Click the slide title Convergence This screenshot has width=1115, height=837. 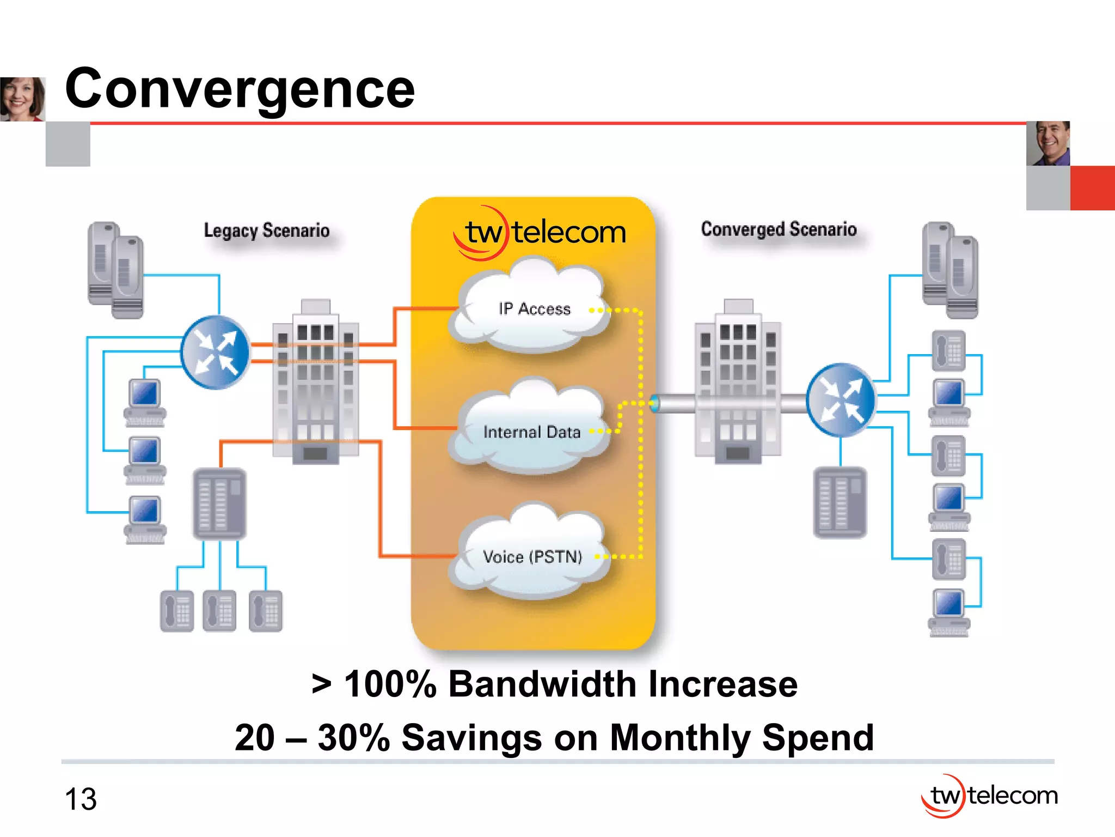[x=240, y=88]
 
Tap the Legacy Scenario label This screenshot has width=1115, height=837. [x=266, y=231]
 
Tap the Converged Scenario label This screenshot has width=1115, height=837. [x=779, y=229]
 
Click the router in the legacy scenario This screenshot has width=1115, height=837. [x=216, y=353]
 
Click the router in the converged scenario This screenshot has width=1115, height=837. [x=841, y=400]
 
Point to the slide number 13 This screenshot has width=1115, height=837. [x=81, y=799]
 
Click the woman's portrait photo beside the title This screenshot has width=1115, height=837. [x=22, y=99]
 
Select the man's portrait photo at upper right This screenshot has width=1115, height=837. [x=1047, y=143]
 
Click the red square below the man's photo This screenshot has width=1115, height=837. [x=1092, y=188]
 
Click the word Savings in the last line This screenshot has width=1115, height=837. [x=471, y=738]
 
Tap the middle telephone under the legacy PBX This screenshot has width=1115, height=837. [x=219, y=611]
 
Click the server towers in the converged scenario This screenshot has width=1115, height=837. [x=950, y=270]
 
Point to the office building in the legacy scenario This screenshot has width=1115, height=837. [x=315, y=381]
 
